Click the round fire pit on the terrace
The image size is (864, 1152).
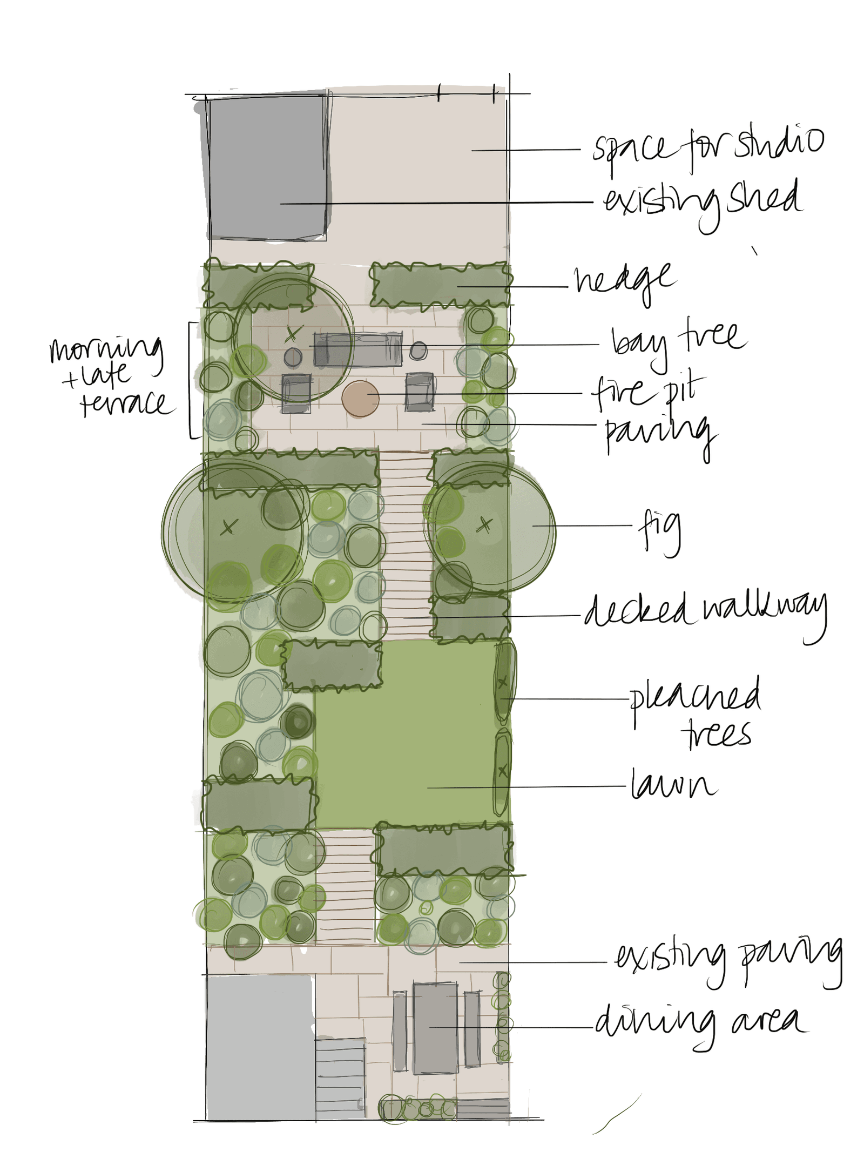[360, 399]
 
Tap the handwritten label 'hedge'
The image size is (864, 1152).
[625, 280]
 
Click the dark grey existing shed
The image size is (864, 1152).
[268, 167]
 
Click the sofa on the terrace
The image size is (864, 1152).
[358, 349]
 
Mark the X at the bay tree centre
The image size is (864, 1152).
[292, 334]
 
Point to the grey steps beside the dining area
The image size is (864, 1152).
[340, 1077]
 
